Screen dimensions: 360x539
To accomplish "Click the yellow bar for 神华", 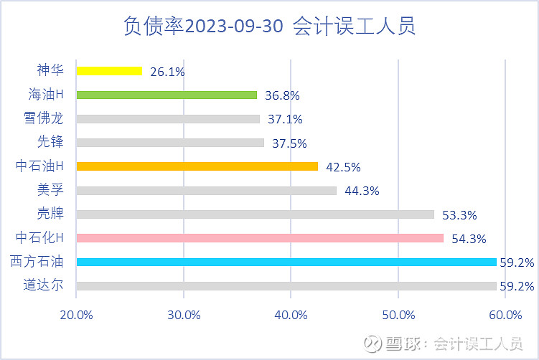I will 109,71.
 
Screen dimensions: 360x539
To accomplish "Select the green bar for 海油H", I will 167,95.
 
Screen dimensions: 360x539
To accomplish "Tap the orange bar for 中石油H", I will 197,166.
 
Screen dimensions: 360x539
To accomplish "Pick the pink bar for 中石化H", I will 260,238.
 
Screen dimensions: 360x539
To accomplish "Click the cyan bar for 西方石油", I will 286,262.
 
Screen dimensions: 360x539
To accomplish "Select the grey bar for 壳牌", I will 255,214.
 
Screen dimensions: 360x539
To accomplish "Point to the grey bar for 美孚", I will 206,190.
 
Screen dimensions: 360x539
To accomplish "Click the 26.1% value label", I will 168,72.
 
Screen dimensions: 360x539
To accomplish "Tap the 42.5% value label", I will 343,167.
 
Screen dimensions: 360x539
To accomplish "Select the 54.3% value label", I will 469,239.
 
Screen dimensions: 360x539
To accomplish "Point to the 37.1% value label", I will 285,119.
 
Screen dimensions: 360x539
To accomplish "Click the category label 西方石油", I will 37,261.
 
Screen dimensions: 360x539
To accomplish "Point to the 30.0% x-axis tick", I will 184,314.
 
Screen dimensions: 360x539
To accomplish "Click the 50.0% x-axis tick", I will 398,314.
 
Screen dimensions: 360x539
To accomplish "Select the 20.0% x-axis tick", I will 76,314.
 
